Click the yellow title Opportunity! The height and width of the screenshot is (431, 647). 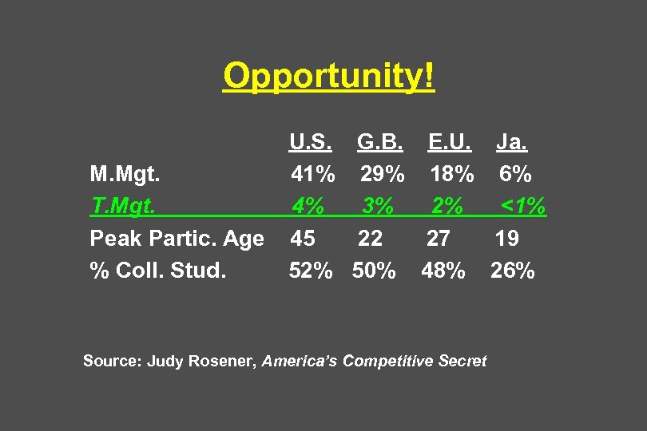(x=329, y=77)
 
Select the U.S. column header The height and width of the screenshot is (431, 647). (x=312, y=142)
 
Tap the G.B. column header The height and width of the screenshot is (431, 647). (x=380, y=142)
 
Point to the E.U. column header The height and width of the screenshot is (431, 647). (x=450, y=142)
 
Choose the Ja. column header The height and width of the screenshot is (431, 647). (x=511, y=142)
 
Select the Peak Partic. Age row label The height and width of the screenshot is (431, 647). (x=177, y=238)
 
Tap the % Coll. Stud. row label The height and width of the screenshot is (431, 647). (x=158, y=271)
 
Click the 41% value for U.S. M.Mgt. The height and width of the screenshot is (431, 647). (x=313, y=173)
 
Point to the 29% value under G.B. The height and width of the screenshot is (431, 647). (x=382, y=173)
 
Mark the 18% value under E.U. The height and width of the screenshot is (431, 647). (x=452, y=173)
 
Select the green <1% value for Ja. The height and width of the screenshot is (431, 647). (x=523, y=206)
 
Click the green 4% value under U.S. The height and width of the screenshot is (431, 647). (x=308, y=206)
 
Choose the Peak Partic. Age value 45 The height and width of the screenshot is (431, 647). (x=303, y=238)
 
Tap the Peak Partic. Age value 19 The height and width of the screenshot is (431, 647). (x=506, y=238)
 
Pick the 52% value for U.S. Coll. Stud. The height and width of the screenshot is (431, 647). (x=311, y=271)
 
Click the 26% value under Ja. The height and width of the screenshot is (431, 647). (x=513, y=271)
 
